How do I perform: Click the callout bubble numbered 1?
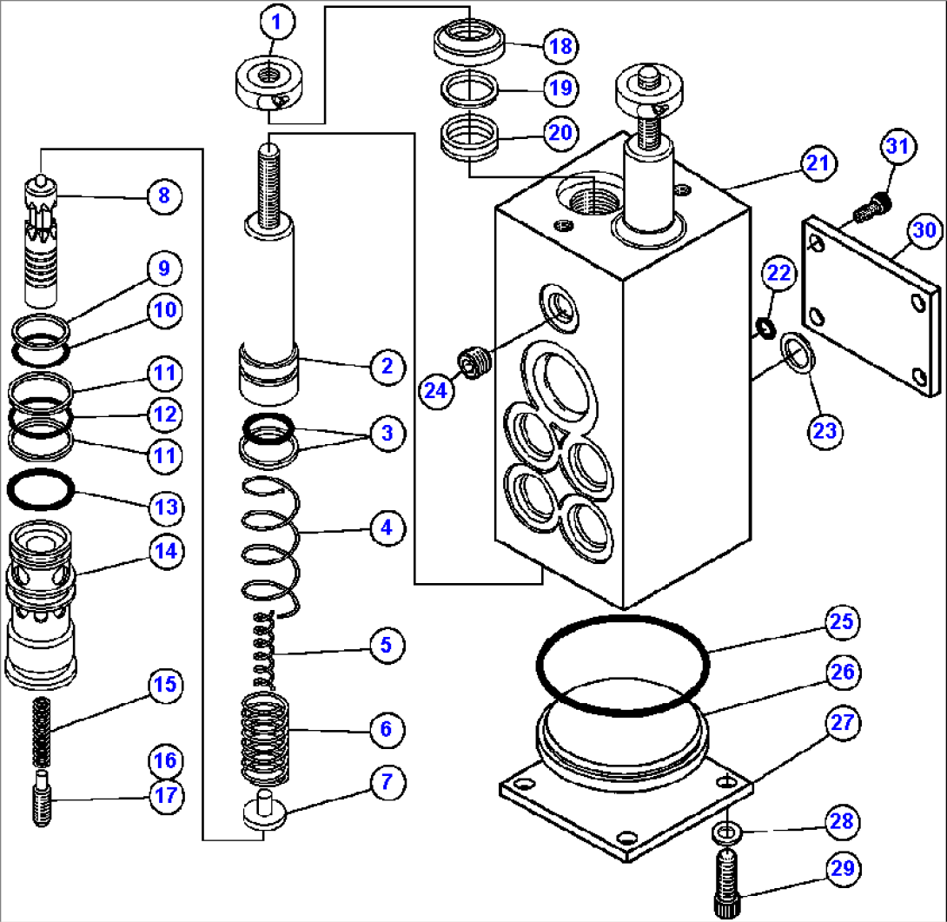pos(277,23)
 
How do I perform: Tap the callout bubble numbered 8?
pos(163,196)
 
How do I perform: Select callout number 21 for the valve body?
pos(818,163)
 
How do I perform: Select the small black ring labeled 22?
pos(765,327)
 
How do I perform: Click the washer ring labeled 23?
pos(798,352)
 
